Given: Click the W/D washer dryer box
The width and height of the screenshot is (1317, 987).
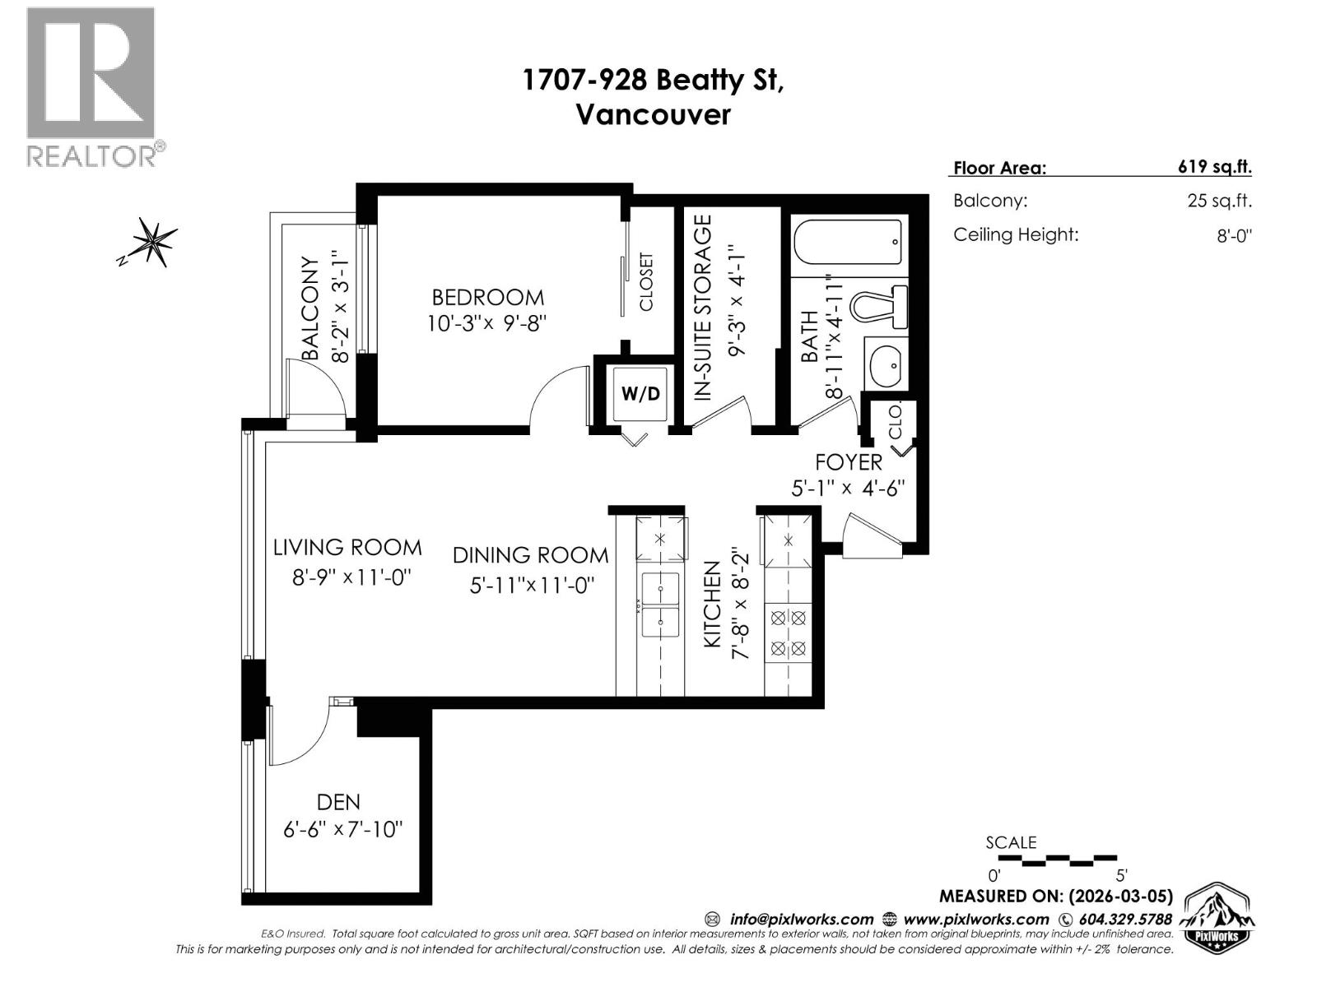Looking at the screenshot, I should (x=640, y=393).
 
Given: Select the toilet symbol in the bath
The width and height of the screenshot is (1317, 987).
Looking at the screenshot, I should (x=879, y=306).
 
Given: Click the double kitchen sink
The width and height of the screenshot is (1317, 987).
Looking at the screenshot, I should (x=660, y=605).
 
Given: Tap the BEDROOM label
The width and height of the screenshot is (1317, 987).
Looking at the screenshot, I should (x=487, y=297).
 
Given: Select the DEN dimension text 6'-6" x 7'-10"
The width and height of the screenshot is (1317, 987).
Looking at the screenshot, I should (x=343, y=829).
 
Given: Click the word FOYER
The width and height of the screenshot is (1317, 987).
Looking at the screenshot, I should (x=848, y=462).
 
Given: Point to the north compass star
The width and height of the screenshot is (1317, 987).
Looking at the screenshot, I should (x=151, y=241).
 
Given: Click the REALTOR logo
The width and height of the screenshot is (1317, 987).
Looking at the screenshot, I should (x=91, y=86).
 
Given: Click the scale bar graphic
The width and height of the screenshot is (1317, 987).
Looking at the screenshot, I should (x=1057, y=860).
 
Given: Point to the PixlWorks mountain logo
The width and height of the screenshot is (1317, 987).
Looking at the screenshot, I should (x=1218, y=918).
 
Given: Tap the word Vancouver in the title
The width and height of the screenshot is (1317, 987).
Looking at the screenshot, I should (x=652, y=114).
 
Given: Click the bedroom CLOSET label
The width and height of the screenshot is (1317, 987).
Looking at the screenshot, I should (x=646, y=282).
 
